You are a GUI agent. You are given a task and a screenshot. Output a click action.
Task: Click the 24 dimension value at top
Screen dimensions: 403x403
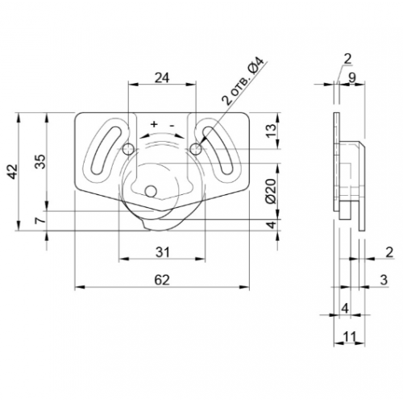tap(162, 78)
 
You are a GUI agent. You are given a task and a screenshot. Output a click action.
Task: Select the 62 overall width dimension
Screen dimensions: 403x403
tap(162, 280)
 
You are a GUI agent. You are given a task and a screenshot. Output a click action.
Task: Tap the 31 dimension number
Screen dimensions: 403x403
tap(163, 252)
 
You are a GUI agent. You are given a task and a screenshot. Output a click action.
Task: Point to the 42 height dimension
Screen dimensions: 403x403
tap(13, 172)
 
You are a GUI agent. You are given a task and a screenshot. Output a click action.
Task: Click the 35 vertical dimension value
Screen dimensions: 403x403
tap(41, 161)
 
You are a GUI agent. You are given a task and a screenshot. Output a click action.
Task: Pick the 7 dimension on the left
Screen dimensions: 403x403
tap(40, 221)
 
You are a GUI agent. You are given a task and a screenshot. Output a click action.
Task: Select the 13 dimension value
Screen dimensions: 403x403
tap(272, 131)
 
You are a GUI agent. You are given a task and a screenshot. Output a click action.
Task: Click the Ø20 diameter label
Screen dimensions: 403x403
tap(271, 191)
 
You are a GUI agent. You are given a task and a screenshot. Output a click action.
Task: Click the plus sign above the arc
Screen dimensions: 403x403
tap(154, 124)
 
